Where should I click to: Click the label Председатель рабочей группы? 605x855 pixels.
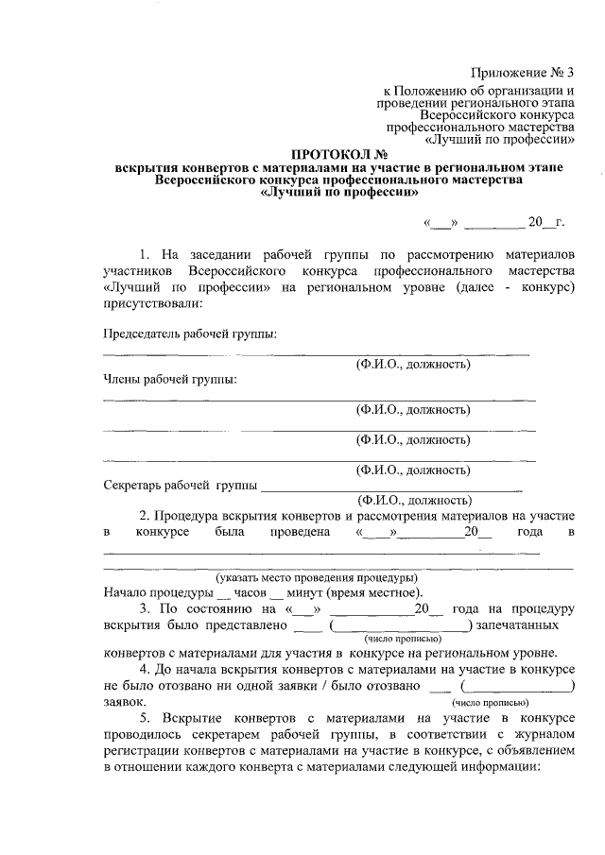click(189, 333)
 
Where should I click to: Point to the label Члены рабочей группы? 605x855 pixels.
click(169, 380)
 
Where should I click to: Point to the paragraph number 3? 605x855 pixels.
click(144, 609)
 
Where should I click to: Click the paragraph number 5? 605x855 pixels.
click(144, 720)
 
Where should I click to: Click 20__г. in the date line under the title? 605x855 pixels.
click(546, 223)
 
